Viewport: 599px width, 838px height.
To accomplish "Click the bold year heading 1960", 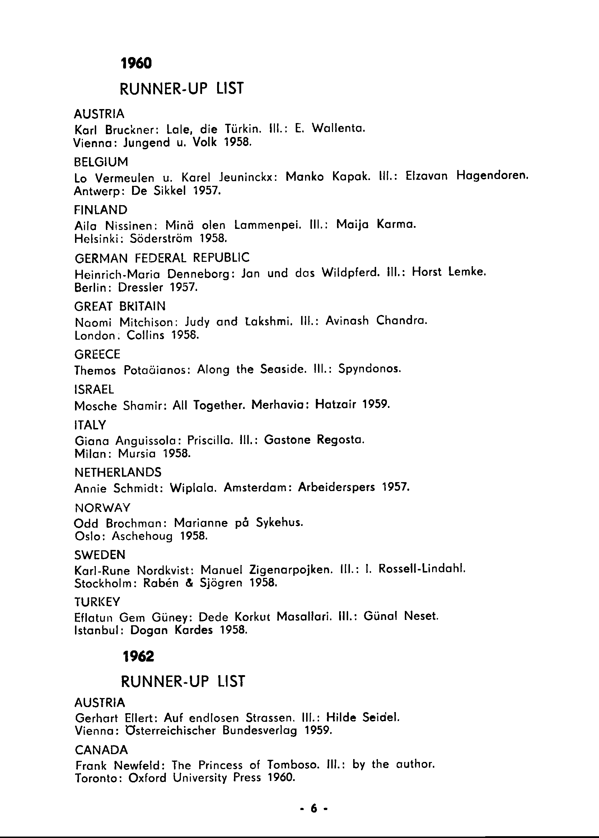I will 136,64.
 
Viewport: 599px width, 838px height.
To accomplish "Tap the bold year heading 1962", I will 138,656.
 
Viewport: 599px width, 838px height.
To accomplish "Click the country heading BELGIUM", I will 101,162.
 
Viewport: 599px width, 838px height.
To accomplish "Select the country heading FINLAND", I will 101,210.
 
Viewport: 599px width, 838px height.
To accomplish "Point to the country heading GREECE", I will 97,354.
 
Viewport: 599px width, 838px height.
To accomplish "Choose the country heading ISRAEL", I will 94,389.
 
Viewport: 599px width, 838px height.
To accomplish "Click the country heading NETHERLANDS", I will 118,472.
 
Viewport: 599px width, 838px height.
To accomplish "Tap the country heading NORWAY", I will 103,508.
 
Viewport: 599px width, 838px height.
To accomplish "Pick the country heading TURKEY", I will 97,602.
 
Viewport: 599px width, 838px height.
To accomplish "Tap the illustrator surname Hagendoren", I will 492,176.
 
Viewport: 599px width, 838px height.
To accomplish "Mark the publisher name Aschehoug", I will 142,536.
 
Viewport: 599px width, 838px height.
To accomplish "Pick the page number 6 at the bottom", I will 314,809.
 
